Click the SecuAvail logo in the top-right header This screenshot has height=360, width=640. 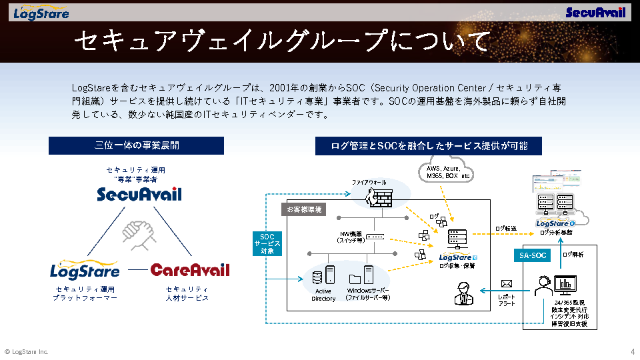click(x=596, y=13)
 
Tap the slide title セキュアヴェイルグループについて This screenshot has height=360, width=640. click(x=281, y=41)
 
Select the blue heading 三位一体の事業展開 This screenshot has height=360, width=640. click(x=137, y=145)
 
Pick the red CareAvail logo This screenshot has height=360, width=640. click(x=189, y=270)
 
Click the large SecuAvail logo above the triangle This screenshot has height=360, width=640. click(x=139, y=194)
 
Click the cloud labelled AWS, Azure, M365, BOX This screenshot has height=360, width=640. click(x=447, y=172)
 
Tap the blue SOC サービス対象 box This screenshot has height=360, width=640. click(x=267, y=243)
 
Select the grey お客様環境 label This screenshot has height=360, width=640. click(x=304, y=209)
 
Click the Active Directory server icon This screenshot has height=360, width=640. click(x=329, y=275)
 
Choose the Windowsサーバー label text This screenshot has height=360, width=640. click(x=368, y=294)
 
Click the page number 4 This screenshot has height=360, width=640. click(x=632, y=351)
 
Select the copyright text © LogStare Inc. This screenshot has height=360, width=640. click(x=27, y=351)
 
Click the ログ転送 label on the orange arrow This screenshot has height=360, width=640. click(x=505, y=229)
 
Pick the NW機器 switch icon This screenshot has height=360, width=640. click(x=375, y=236)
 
